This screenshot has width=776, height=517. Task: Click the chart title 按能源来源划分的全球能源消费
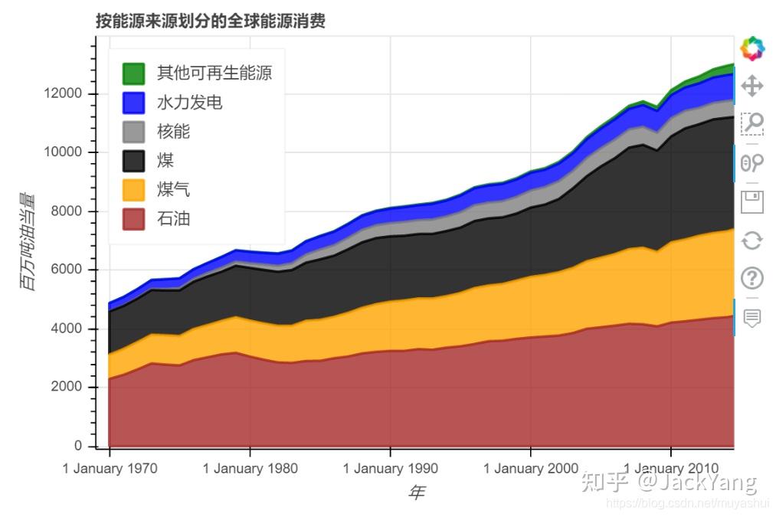coord(211,21)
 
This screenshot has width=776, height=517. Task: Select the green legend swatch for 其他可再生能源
coord(133,74)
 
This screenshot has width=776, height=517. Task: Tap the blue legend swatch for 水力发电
coord(133,103)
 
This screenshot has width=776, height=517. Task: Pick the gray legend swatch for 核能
coord(133,132)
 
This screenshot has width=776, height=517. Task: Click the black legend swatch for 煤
coord(133,161)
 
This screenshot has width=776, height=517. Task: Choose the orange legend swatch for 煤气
coord(133,190)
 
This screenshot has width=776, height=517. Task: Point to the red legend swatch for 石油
coord(133,219)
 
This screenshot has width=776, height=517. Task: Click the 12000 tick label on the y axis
coord(64,94)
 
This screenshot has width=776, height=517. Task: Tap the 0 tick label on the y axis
coord(79,446)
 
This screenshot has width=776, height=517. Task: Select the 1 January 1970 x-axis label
coord(110,469)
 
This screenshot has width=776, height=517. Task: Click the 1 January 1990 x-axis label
coord(391,469)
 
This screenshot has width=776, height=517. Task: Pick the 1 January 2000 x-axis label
coord(531,469)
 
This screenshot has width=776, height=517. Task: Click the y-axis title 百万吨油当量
coord(28,241)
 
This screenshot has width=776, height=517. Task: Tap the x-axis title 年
coord(416,492)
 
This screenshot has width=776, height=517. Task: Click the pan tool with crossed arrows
coord(752,85)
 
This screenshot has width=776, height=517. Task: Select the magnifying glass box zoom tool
coord(752,123)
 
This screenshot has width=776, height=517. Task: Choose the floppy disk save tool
coord(752,202)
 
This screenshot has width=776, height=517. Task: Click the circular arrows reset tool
coord(752,241)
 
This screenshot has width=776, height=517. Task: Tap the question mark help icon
coord(752,279)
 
